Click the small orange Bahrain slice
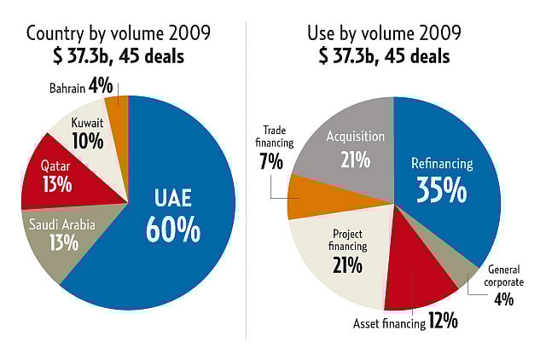coord(120,107)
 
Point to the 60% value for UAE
coord(173,228)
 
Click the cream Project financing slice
coord(337,256)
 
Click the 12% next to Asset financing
coord(443,322)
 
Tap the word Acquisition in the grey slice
coord(356,136)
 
